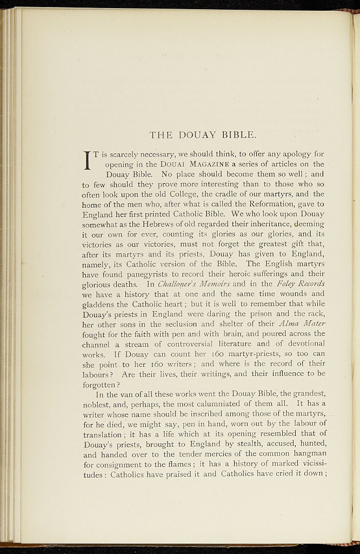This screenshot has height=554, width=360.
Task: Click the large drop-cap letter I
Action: pos(86,161)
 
